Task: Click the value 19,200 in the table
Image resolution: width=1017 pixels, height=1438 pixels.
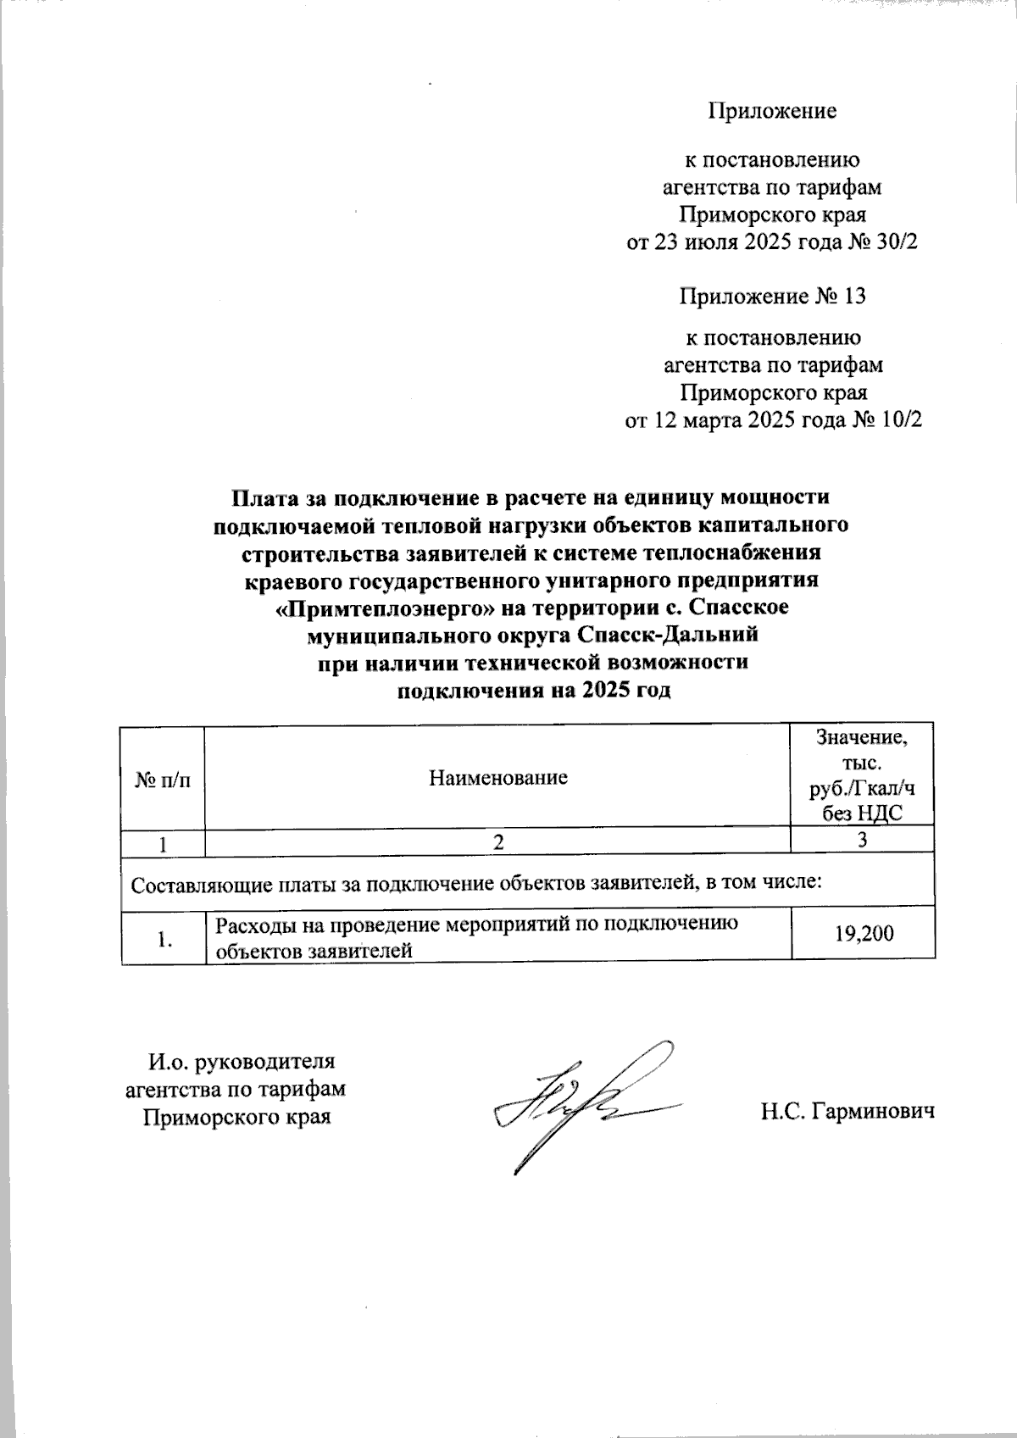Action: coord(864,935)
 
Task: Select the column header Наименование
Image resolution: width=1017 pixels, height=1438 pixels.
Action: coord(497,777)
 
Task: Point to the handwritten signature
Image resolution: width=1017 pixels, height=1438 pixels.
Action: coord(585,1102)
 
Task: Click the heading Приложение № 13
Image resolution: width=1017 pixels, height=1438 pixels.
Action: coord(772,297)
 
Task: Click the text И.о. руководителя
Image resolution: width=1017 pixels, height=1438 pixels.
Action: coord(242,1062)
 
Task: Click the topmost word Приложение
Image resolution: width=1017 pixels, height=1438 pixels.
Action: coord(772,111)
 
